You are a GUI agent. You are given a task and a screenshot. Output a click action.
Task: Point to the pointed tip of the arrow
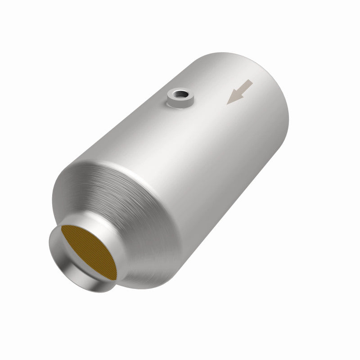(229, 103)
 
